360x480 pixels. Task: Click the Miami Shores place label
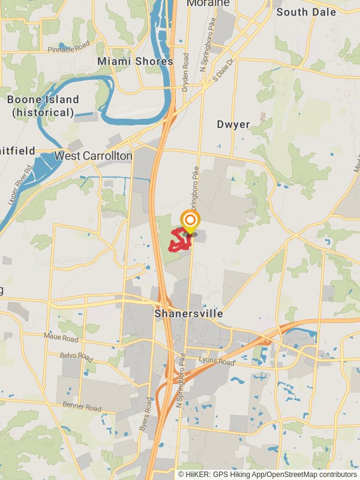point(135,61)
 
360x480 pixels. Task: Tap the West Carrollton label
point(93,156)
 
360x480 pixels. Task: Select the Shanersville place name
point(188,314)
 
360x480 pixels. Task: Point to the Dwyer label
point(233,125)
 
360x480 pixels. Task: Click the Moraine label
point(208,4)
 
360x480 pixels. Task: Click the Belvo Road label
point(77,356)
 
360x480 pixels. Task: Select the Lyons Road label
point(217,362)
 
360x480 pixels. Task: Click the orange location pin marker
point(190,221)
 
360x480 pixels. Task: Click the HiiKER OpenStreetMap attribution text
point(268,475)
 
